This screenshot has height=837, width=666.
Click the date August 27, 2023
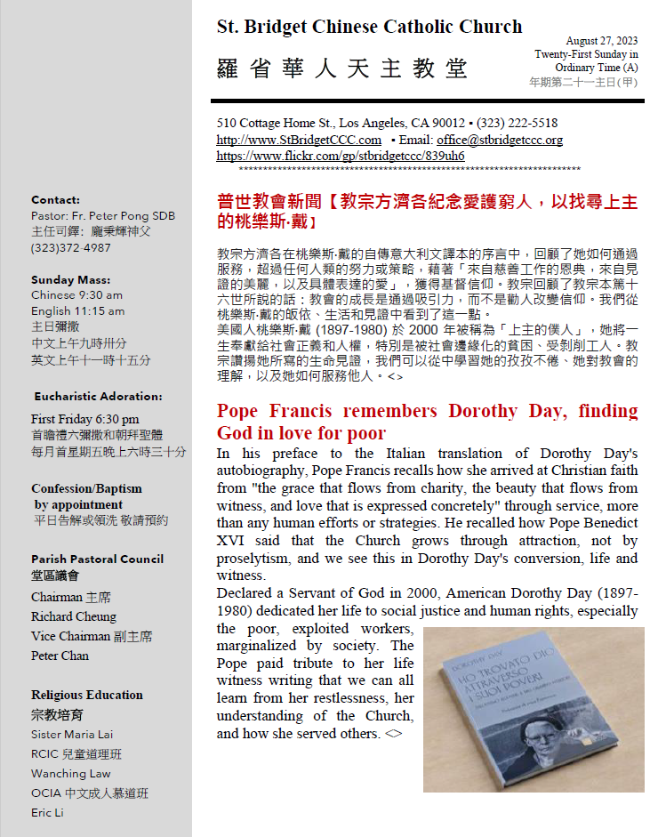[x=602, y=41]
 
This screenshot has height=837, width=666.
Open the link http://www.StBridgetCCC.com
[x=299, y=140]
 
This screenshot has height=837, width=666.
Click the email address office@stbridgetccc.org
[x=499, y=140]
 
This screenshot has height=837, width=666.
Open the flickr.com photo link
[x=341, y=155]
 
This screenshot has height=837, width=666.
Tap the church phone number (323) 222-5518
[x=519, y=123]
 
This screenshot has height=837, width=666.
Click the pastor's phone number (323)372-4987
[x=71, y=247]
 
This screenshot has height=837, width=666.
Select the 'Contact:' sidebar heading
[x=55, y=200]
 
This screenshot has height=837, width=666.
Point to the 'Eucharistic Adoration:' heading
[x=98, y=396]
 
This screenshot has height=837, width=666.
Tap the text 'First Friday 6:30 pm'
[x=84, y=419]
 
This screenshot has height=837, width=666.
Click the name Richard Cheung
[x=73, y=616]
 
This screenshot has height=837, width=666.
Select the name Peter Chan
[x=60, y=656]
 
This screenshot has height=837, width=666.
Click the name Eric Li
[x=47, y=812]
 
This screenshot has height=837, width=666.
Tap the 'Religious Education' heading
[x=86, y=695]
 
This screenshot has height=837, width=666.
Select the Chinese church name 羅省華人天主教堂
[x=341, y=68]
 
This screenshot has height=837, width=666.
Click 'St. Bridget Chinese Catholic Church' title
[x=369, y=27]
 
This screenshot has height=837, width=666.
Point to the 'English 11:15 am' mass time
[x=77, y=311]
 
